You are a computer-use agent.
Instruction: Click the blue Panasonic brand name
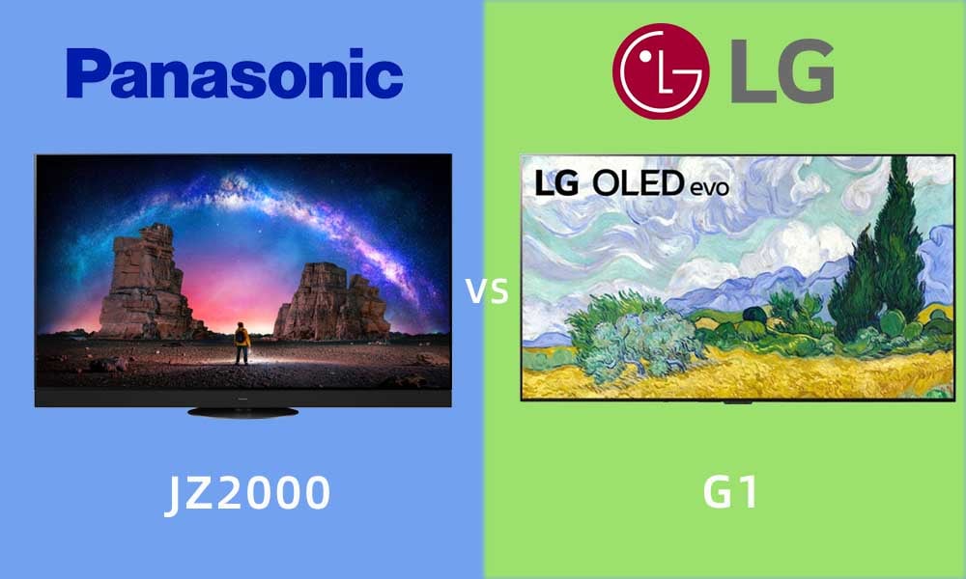coord(235,74)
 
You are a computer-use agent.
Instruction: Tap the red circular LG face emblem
coord(661,71)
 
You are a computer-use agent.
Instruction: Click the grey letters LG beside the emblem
coord(782,71)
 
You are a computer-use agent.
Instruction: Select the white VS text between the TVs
coord(487,291)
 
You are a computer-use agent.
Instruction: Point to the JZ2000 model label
coord(247,493)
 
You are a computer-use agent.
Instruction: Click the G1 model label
coord(730,492)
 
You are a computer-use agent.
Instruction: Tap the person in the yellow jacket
coord(241,344)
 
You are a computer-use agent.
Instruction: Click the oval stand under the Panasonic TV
coord(242,412)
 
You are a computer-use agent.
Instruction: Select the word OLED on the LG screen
coord(638,184)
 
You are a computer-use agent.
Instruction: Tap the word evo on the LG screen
coord(709,187)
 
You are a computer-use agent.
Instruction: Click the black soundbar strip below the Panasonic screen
coord(242,398)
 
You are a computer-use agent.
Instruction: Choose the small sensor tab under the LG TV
coord(737,402)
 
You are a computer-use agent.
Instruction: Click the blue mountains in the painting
coord(757,289)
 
